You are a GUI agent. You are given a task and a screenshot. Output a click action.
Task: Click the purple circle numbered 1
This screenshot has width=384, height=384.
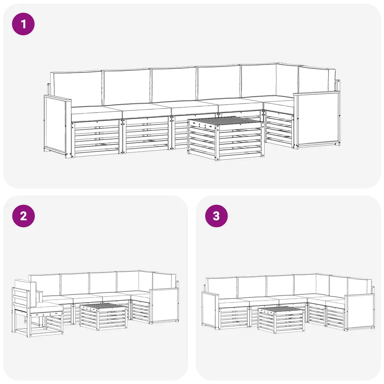pos(23,24)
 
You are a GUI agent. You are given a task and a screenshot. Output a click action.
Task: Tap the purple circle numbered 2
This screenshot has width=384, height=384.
pos(23,216)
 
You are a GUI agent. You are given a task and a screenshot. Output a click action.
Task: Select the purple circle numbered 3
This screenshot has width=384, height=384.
pos(216,216)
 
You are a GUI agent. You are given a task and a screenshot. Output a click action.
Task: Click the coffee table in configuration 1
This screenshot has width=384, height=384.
pos(226,138)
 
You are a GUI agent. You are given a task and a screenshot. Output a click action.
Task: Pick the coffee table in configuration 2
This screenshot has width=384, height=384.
pos(103,317)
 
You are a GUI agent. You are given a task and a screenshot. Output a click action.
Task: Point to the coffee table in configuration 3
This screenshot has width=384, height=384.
pos(281,320)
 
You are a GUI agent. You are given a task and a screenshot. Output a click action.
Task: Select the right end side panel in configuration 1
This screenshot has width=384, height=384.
pos(317,119)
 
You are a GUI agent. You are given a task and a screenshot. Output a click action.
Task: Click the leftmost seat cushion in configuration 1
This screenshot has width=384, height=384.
pos(96,113)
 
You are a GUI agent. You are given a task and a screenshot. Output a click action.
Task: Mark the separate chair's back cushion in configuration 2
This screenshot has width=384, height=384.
pos(26,293)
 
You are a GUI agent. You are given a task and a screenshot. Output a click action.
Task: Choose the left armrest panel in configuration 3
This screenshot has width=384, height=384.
pos(210,310)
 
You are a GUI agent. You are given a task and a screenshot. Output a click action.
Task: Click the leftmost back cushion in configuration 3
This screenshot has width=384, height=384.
pos(221,288)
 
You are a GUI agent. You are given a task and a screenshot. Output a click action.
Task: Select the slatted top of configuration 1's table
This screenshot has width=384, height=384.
pos(225,120)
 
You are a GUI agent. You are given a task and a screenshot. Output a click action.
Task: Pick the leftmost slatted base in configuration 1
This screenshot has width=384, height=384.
pos(96,138)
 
